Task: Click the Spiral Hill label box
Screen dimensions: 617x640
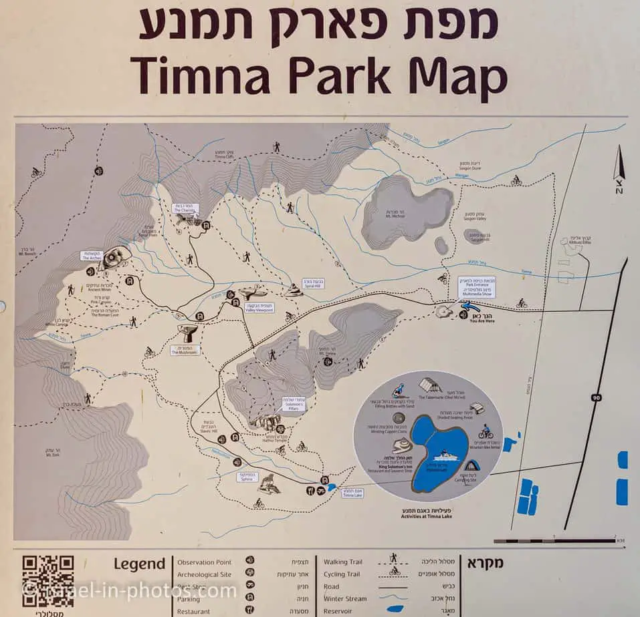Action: click(312, 283)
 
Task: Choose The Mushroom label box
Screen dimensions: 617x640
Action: click(185, 350)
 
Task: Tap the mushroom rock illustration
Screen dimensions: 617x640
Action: click(187, 332)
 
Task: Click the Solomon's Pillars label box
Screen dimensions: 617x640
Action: click(293, 405)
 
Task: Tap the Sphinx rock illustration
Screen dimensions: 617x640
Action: click(269, 483)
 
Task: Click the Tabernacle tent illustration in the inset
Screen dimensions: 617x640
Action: click(430, 386)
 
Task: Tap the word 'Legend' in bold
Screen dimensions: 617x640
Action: click(139, 564)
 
